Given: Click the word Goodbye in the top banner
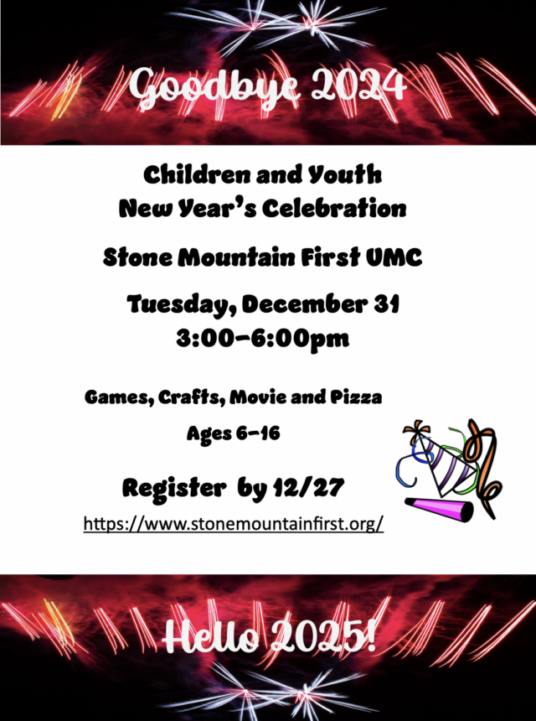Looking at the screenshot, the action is coord(214,87).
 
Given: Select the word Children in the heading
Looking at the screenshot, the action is coord(197,174).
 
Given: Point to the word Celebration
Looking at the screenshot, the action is coord(334,208).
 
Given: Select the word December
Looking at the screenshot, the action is coord(304,304).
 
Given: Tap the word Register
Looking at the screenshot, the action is coord(174,488).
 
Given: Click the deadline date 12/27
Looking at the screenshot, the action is coord(308,487).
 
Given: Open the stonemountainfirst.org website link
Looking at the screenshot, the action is coord(234,523).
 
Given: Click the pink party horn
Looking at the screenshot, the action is coord(439,509).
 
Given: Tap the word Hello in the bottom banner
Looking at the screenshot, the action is coord(211,636).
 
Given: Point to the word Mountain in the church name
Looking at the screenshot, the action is coord(237,257).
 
